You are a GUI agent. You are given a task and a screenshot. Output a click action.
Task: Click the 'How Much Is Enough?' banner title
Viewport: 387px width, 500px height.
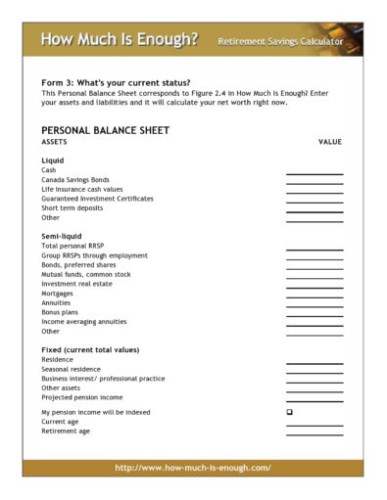pyautogui.click(x=119, y=40)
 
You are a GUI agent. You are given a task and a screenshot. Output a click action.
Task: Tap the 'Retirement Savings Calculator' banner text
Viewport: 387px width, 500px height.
pyautogui.click(x=280, y=43)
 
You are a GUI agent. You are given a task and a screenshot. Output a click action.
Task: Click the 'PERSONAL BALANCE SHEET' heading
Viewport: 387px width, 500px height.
pyautogui.click(x=105, y=130)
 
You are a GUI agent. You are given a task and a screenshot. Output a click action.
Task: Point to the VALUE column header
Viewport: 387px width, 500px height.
pyautogui.click(x=330, y=142)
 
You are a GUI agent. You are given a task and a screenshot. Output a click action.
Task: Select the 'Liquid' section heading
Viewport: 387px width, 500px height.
pyautogui.click(x=53, y=159)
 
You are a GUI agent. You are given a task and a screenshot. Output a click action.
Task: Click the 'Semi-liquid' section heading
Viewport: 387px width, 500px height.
pyautogui.click(x=62, y=236)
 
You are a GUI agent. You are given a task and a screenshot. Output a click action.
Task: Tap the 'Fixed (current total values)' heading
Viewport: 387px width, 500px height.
pyautogui.click(x=90, y=349)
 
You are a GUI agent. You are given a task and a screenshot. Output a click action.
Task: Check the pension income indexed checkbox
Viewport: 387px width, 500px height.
pyautogui.click(x=289, y=412)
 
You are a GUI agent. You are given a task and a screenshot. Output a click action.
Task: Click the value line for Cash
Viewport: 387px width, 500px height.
pyautogui.click(x=314, y=172)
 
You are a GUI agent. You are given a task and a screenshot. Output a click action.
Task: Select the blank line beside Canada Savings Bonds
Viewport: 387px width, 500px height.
pyautogui.click(x=314, y=182)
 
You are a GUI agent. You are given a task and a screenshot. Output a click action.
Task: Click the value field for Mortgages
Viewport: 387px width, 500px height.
pyautogui.click(x=314, y=295)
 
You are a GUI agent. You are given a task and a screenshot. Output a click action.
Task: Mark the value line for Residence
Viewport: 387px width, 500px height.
pyautogui.click(x=314, y=362)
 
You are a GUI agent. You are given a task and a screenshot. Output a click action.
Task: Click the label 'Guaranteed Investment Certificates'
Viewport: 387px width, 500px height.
pyautogui.click(x=97, y=199)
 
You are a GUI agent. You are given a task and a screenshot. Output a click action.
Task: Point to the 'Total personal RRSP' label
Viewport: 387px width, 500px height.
pyautogui.click(x=73, y=246)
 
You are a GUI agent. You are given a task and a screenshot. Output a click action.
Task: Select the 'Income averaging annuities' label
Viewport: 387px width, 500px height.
pyautogui.click(x=84, y=322)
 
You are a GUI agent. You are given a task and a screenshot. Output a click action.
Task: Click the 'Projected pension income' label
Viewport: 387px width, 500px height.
pyautogui.click(x=82, y=397)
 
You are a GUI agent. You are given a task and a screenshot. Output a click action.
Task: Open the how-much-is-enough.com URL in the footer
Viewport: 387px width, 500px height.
pyautogui.click(x=193, y=468)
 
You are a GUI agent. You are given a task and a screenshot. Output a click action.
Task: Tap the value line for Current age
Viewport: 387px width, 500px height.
pyautogui.click(x=314, y=424)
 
